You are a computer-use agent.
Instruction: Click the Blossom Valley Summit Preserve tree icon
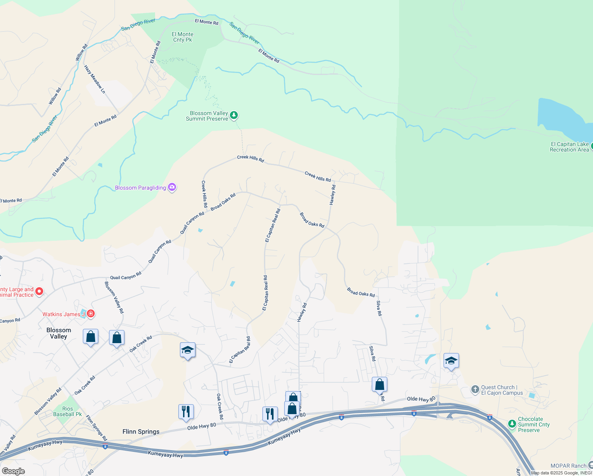[x=234, y=115]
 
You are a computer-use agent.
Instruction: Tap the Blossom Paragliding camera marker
[x=172, y=188]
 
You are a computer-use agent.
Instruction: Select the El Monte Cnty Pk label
[x=182, y=37]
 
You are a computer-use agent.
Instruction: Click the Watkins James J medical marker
[x=91, y=314]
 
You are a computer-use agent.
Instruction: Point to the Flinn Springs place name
[x=141, y=432]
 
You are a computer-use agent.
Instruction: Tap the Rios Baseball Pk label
[x=67, y=411]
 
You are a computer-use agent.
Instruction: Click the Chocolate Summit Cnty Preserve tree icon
[x=512, y=424]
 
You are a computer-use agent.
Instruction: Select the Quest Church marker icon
[x=475, y=390]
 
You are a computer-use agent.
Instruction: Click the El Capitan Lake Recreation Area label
[x=569, y=147]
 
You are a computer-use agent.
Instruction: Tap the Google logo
[x=13, y=471]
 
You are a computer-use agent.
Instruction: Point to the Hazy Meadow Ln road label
[x=95, y=79]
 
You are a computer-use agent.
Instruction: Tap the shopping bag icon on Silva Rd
[x=379, y=385]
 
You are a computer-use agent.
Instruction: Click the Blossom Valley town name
[x=59, y=333]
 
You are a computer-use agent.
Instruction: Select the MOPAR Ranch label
[x=568, y=466]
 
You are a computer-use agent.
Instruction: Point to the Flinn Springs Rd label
[x=96, y=428]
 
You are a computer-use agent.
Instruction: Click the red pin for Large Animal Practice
[x=39, y=292]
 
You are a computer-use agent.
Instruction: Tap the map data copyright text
[x=561, y=473]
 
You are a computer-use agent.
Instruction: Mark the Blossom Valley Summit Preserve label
[x=207, y=116]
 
